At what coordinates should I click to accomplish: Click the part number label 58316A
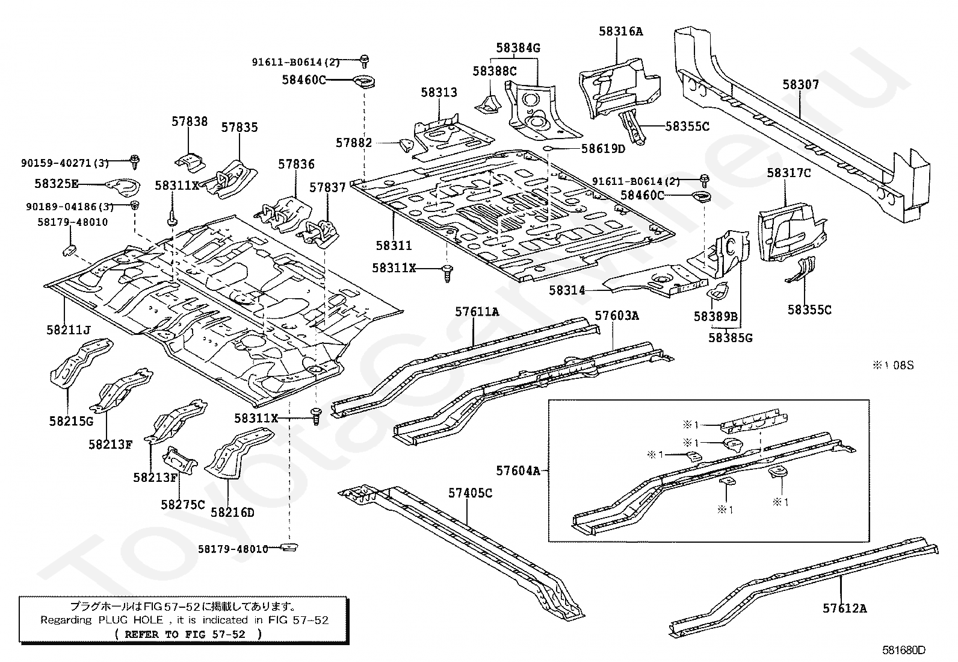pyautogui.click(x=620, y=31)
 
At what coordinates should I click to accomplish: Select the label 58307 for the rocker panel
pyautogui.click(x=800, y=84)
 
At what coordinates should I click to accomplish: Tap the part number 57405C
pyautogui.click(x=470, y=493)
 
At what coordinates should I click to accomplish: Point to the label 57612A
pyautogui.click(x=845, y=608)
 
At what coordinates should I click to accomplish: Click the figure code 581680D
pyautogui.click(x=904, y=650)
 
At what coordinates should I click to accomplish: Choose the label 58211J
pyautogui.click(x=69, y=329)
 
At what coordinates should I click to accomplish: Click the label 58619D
pyautogui.click(x=603, y=149)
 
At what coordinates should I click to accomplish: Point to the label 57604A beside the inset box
pyautogui.click(x=518, y=471)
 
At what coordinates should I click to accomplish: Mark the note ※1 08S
pyautogui.click(x=893, y=365)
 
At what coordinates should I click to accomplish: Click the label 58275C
pyautogui.click(x=182, y=504)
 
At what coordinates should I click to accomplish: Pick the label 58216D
pyautogui.click(x=232, y=512)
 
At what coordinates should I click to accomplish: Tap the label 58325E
pyautogui.click(x=57, y=184)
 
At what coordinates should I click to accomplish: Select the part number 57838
pyautogui.click(x=190, y=122)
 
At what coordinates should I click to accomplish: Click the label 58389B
pyautogui.click(x=715, y=316)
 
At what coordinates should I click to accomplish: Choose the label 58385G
pyautogui.click(x=731, y=338)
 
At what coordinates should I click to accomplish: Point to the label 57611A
pyautogui.click(x=477, y=311)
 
